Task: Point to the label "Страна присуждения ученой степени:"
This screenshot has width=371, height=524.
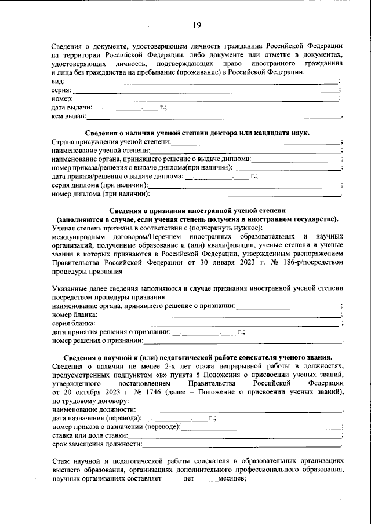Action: tap(111, 142)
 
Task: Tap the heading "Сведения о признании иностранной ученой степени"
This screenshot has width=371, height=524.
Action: tap(198, 211)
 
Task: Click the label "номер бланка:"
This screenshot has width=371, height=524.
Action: tap(75, 314)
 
